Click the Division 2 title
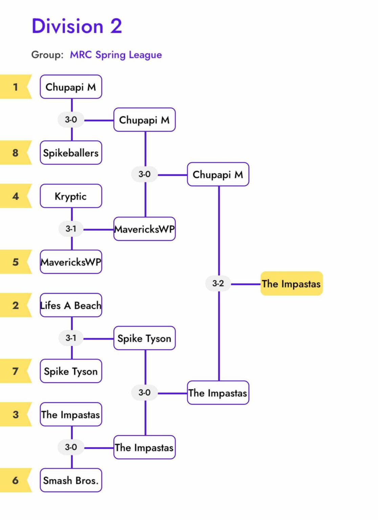tap(77, 26)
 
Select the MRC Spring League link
tap(116, 55)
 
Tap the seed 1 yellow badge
tap(15, 87)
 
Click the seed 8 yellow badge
tap(15, 153)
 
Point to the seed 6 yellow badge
tap(15, 480)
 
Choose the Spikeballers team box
tap(71, 153)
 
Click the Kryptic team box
tap(71, 196)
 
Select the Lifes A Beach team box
tap(71, 305)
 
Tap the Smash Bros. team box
tap(71, 480)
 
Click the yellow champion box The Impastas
tap(291, 284)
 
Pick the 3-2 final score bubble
tap(218, 283)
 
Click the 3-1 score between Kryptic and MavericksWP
tap(71, 229)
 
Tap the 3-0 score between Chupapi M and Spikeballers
tap(71, 120)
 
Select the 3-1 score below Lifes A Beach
tap(71, 338)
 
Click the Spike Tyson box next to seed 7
tap(71, 371)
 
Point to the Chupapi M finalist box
tap(218, 175)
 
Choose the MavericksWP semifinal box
tap(144, 229)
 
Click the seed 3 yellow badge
tap(15, 414)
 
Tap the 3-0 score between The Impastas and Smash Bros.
tap(71, 447)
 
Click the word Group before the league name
tap(47, 55)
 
